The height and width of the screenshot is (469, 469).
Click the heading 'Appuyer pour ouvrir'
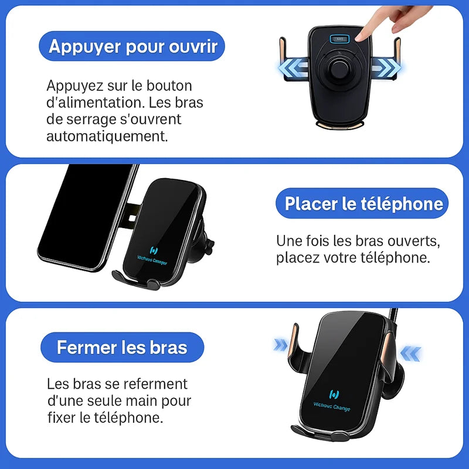pyautogui.click(x=133, y=46)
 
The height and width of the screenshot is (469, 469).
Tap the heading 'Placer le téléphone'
pyautogui.click(x=363, y=203)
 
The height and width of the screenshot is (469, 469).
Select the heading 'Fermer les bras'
pyautogui.click(x=122, y=347)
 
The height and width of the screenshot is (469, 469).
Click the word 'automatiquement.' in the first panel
pyautogui.click(x=107, y=137)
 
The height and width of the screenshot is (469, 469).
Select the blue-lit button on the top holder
pyautogui.click(x=339, y=39)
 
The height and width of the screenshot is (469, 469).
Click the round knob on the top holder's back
pyautogui.click(x=339, y=69)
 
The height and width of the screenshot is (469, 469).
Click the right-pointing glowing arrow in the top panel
pyautogui.click(x=386, y=67)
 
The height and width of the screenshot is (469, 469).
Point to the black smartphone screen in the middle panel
pyautogui.click(x=84, y=217)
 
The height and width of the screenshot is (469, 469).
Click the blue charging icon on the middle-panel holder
pyautogui.click(x=154, y=250)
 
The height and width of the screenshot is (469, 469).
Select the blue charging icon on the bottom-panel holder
pyautogui.click(x=334, y=394)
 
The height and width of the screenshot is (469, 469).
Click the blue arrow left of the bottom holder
pyautogui.click(x=281, y=345)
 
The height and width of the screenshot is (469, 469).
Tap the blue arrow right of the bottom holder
pyautogui.click(x=411, y=354)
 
